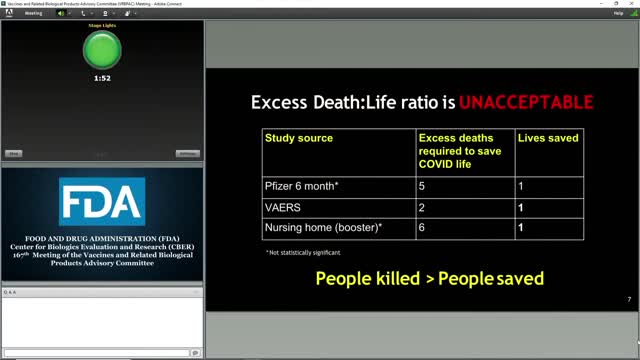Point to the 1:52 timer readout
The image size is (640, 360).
click(x=101, y=77)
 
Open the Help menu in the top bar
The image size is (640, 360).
click(x=618, y=13)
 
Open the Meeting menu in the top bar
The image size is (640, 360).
click(x=34, y=13)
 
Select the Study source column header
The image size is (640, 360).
click(x=299, y=138)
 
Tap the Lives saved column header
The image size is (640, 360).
click(x=548, y=138)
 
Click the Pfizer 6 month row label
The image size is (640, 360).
click(x=302, y=186)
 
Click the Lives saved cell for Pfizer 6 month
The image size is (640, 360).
click(x=520, y=186)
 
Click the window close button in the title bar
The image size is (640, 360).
click(x=632, y=4)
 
